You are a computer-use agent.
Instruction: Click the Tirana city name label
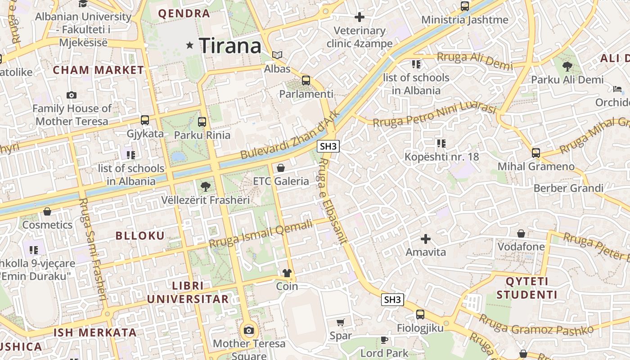(230, 45)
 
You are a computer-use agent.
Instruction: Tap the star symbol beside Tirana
(190, 45)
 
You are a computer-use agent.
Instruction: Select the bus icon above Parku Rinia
(202, 121)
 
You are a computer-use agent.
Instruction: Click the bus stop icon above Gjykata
(145, 120)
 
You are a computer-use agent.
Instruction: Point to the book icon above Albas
(277, 55)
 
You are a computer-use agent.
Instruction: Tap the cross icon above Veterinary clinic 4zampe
(359, 17)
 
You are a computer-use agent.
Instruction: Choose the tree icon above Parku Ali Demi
(567, 67)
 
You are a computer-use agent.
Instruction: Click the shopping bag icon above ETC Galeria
(281, 168)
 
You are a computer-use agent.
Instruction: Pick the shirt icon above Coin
(287, 273)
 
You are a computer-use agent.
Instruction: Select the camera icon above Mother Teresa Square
(249, 331)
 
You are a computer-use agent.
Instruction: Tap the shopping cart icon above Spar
(341, 322)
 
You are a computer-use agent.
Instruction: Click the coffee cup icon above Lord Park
(384, 340)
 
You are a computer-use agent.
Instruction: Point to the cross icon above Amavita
(425, 238)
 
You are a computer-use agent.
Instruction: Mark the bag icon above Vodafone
(521, 234)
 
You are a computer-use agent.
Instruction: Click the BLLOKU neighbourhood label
(140, 236)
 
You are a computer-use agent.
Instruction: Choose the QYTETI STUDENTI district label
(526, 288)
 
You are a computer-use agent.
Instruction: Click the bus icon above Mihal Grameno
(535, 153)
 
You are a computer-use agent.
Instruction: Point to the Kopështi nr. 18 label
(441, 157)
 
